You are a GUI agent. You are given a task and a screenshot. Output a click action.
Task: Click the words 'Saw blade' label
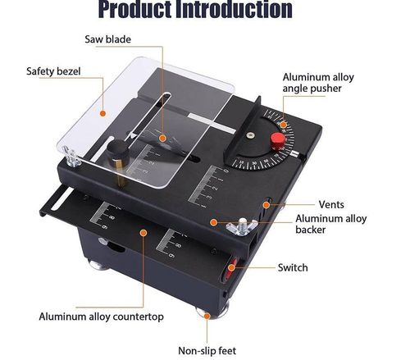tap(108, 39)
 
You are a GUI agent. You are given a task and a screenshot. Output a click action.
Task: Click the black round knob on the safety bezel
tap(116, 153)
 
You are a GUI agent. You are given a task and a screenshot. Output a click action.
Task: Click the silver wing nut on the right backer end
tap(243, 224)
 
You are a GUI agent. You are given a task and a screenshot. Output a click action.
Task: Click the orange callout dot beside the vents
tap(267, 204)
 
